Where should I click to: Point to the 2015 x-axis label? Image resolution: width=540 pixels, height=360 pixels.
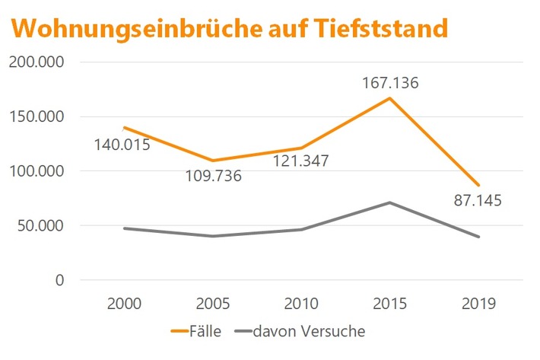[389, 303]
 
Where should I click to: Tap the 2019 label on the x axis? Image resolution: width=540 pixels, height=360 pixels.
[478, 303]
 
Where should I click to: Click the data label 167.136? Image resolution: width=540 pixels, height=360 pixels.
[389, 82]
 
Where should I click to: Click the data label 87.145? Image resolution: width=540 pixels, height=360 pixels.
[477, 202]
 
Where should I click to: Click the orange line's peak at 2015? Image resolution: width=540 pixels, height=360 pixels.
[389, 98]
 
